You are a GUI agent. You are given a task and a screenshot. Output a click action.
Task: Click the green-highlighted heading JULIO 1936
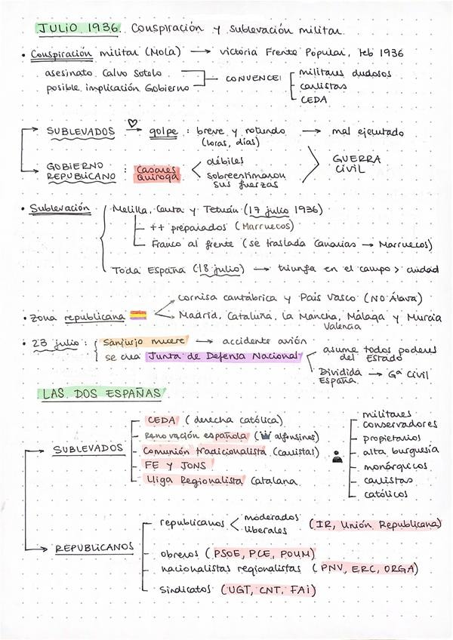[x=79, y=28]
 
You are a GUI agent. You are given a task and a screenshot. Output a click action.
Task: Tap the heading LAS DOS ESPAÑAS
[x=101, y=393]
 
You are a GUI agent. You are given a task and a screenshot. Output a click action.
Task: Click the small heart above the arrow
[x=134, y=122]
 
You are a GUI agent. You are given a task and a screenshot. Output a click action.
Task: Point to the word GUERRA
[x=356, y=160]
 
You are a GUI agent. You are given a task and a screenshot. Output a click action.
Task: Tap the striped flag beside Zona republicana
[x=138, y=315]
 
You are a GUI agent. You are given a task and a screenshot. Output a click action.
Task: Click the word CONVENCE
[x=253, y=78]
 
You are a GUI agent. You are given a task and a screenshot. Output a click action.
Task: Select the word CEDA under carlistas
[x=313, y=99]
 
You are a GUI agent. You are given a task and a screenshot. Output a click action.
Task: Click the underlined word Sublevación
[x=60, y=208]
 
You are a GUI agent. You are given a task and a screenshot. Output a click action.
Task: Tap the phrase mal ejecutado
[x=367, y=132]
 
